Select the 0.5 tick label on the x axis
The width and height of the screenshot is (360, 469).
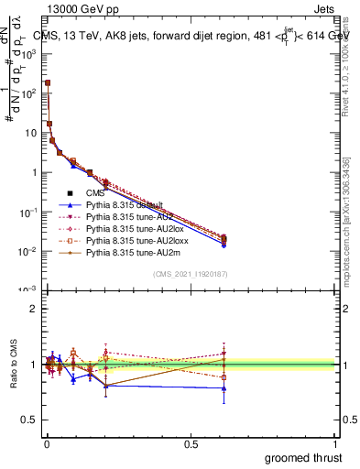[191, 443]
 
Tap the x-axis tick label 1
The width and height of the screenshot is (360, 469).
[336, 443]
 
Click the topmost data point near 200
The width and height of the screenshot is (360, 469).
[47, 82]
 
